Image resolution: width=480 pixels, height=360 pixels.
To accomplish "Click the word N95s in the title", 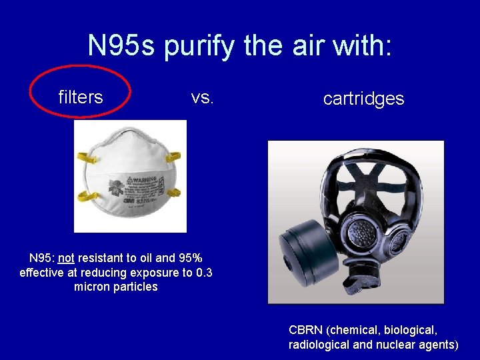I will click(121, 45).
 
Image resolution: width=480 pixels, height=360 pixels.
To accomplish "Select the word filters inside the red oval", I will click(80, 97).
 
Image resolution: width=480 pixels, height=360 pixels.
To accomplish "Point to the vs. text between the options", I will click(202, 97).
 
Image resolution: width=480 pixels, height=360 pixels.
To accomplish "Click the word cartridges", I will click(363, 99).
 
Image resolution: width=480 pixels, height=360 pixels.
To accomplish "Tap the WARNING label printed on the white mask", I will click(141, 179).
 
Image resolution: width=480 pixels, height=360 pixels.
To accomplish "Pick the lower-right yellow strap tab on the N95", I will click(174, 193).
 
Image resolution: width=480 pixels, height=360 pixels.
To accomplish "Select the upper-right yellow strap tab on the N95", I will click(174, 157).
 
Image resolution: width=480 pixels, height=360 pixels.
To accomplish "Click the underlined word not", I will click(65, 258).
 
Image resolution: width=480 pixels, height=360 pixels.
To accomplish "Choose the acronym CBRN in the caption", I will click(305, 330).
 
